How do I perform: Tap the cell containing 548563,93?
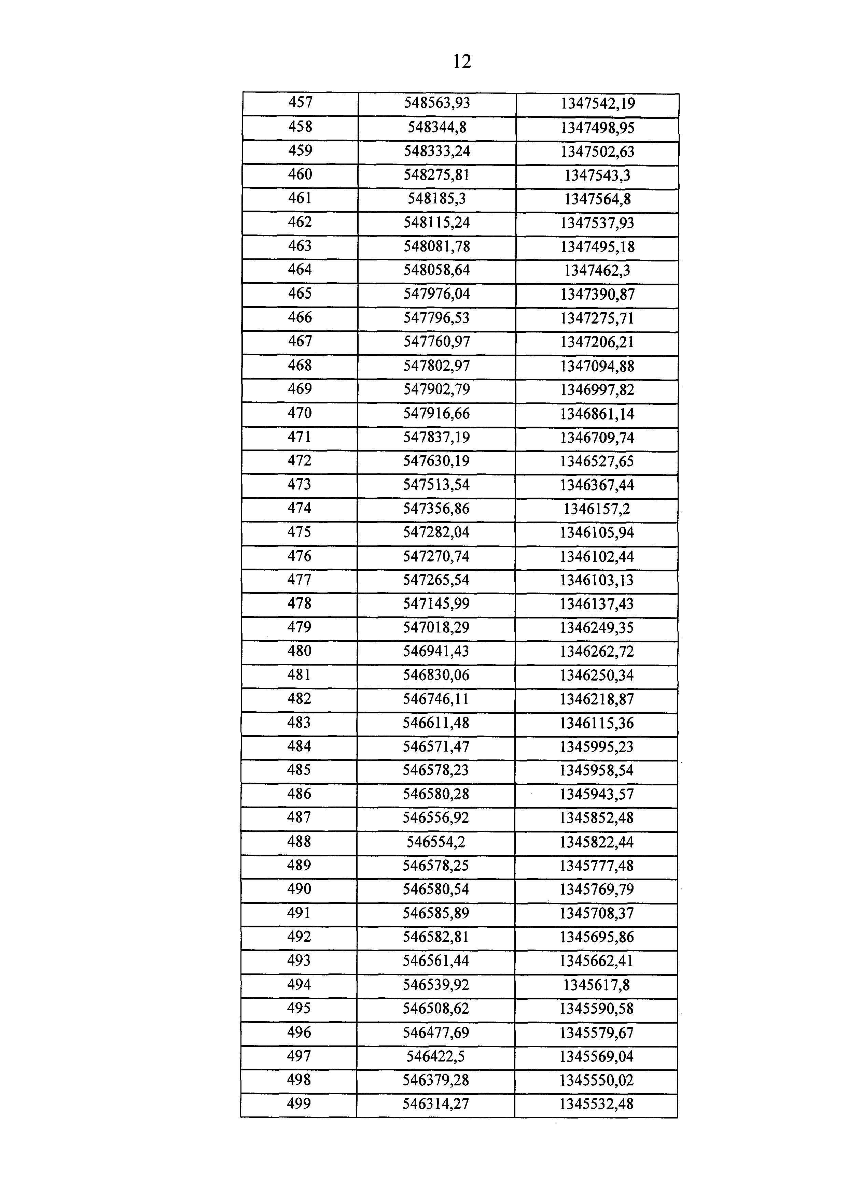[x=437, y=103]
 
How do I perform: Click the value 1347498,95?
[x=597, y=128]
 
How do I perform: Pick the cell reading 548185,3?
[x=436, y=199]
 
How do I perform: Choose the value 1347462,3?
[x=597, y=271]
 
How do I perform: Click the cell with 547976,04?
[x=436, y=294]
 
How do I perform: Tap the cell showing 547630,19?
[x=436, y=461]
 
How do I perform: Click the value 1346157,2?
[x=597, y=509]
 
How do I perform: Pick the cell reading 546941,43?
[x=436, y=651]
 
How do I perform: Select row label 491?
[x=299, y=913]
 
